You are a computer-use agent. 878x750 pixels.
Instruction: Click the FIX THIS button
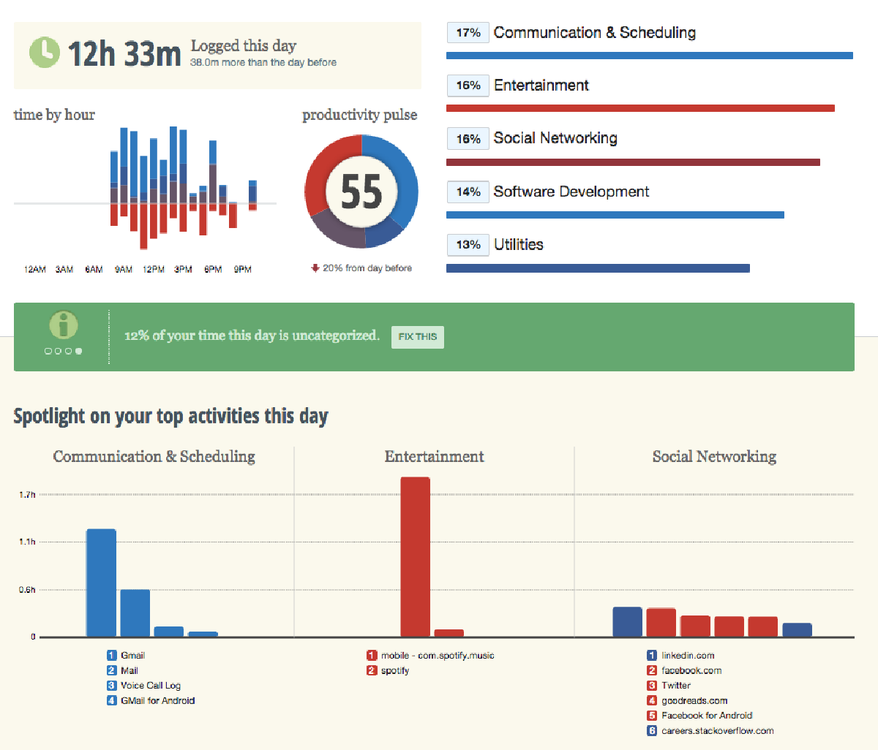[417, 337]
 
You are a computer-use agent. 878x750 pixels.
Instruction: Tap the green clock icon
[44, 52]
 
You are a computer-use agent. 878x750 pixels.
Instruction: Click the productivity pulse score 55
[361, 192]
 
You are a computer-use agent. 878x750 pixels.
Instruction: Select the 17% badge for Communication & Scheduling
[468, 33]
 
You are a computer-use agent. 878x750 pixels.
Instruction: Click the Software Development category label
[571, 192]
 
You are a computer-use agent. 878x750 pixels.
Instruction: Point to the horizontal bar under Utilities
[598, 268]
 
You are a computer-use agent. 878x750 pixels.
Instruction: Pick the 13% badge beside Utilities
[468, 245]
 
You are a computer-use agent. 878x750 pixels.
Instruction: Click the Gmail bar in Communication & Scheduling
[101, 583]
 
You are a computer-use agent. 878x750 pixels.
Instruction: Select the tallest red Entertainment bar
[415, 557]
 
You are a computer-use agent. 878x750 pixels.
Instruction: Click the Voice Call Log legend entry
[150, 686]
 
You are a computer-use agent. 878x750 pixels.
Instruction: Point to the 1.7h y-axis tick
[27, 495]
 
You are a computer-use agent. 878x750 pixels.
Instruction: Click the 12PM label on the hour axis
[154, 270]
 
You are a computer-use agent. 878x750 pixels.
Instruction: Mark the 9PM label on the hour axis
[243, 270]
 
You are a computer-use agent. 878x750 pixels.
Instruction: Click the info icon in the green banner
[64, 325]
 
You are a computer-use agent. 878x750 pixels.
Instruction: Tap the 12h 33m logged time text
[124, 53]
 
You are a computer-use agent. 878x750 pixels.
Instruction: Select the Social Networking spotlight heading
[714, 457]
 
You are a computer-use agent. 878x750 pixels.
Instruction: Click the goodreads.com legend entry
[694, 701]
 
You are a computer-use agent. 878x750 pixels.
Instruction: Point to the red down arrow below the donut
[315, 268]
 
